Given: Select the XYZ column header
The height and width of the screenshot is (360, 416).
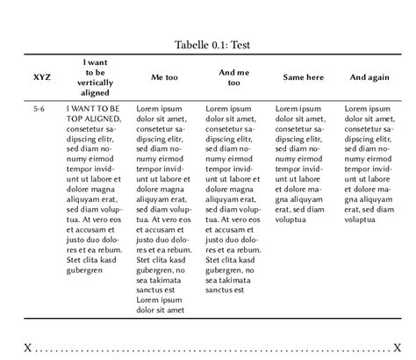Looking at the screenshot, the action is tap(41, 77).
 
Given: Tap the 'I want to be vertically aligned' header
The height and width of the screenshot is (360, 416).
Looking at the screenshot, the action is tap(96, 77).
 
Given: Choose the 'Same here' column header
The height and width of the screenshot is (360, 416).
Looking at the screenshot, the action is tap(303, 77).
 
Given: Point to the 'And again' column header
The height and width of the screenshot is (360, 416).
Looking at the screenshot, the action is tap(369, 77).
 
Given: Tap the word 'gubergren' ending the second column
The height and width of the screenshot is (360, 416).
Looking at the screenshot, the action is tap(84, 270).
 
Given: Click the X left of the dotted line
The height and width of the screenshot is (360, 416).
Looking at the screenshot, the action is tap(28, 348).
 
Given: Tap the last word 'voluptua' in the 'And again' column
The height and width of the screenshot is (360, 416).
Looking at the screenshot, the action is tap(360, 220).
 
